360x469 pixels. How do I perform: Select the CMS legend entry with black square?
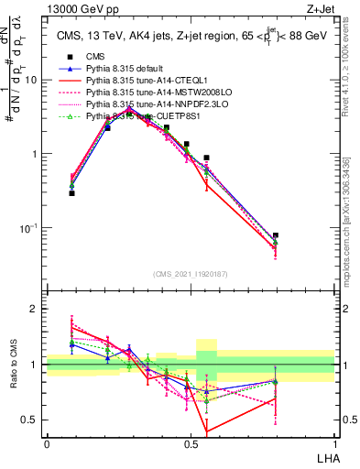94,58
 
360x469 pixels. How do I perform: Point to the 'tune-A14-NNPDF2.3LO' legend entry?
152,105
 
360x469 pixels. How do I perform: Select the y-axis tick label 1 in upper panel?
34,154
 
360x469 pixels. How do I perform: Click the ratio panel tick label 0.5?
30,420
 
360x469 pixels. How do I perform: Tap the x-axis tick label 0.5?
191,443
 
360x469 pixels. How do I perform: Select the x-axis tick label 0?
47,443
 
